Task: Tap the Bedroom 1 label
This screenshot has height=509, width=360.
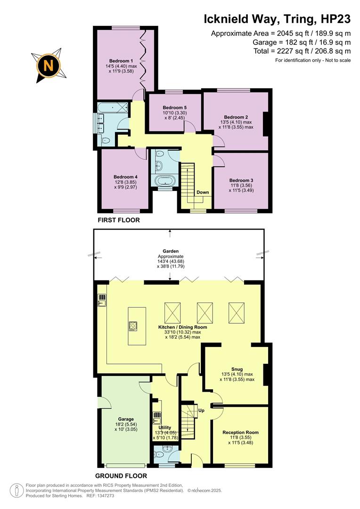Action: (121, 61)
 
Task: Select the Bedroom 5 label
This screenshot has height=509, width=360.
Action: (168, 107)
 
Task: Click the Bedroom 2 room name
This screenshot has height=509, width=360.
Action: (236, 117)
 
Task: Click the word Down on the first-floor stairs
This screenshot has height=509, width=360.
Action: (203, 192)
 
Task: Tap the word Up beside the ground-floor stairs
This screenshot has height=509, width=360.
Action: (200, 410)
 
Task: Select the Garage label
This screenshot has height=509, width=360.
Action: (126, 419)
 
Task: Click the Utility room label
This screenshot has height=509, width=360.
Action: (164, 427)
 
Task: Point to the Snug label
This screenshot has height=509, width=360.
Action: (237, 369)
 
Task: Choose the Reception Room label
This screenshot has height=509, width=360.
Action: (240, 432)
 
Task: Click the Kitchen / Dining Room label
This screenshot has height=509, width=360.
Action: (182, 327)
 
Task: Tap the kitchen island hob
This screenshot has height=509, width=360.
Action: (133, 326)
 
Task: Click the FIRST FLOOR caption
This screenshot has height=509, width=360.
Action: (118, 220)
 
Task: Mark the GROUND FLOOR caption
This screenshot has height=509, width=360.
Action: (121, 476)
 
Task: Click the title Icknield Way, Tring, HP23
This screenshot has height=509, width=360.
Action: (277, 19)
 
